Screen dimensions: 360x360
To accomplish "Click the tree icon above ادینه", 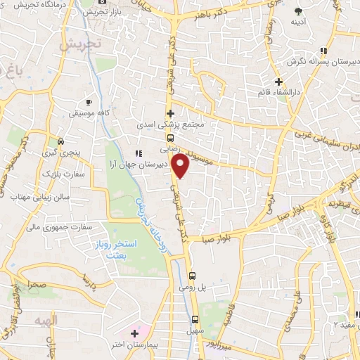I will coord(298,11).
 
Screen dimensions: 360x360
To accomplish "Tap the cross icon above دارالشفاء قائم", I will coord(278,82).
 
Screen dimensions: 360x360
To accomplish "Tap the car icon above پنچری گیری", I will coord(61,141).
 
